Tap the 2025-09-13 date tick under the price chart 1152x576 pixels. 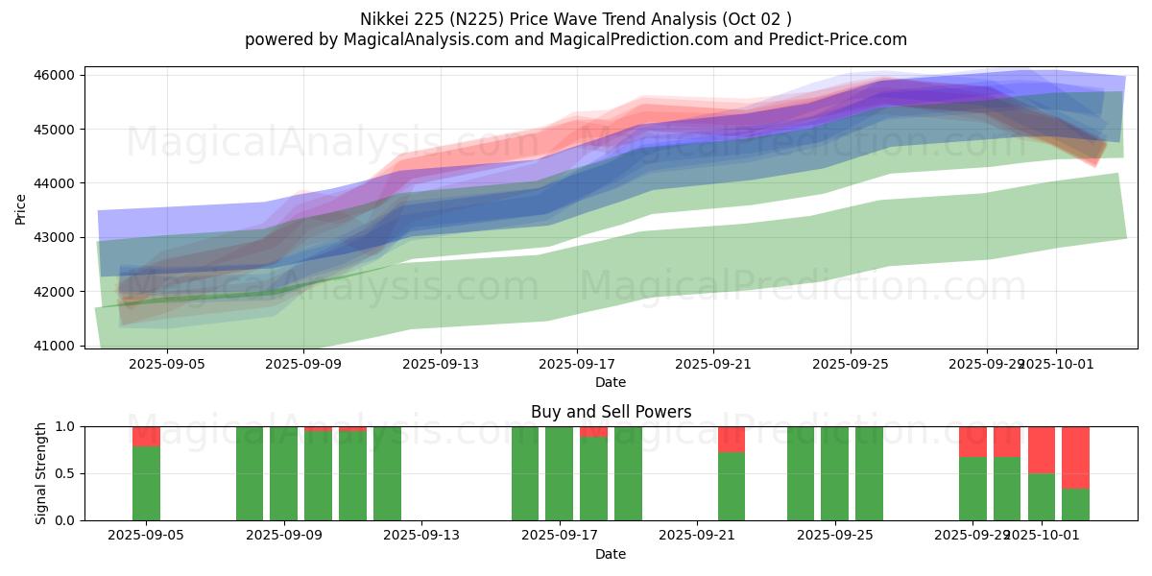click(440, 364)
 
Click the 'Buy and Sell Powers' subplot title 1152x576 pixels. click(611, 412)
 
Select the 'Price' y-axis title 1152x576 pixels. click(21, 208)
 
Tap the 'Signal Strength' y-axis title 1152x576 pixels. click(41, 473)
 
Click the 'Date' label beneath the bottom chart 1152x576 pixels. click(611, 554)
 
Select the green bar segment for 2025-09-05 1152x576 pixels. click(146, 483)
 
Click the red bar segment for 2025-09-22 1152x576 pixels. click(732, 439)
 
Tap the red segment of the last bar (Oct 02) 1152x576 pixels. click(1075, 457)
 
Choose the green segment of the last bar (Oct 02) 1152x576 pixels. click(1075, 504)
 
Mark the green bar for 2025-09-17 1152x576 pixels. click(559, 473)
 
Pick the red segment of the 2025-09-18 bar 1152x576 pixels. click(593, 432)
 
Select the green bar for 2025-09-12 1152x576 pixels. click(387, 473)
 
